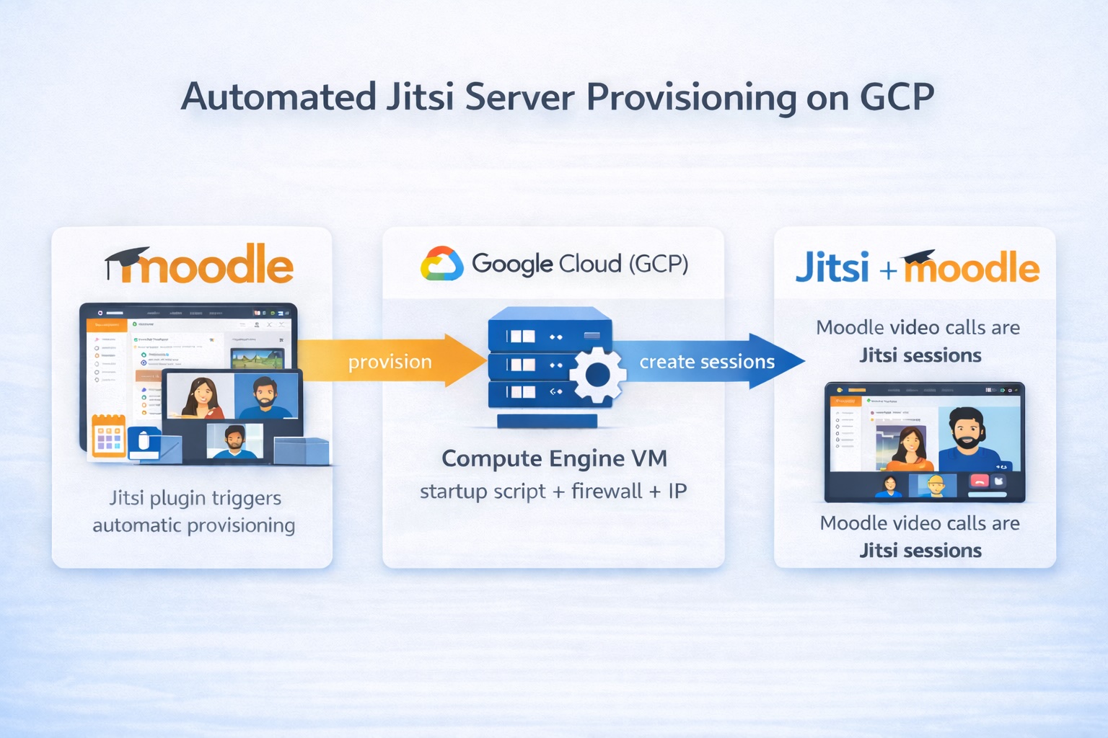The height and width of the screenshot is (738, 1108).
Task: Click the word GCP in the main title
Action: click(x=897, y=97)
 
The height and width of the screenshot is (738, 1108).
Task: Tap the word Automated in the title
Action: click(x=278, y=97)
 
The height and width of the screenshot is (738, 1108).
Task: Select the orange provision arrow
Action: click(x=390, y=361)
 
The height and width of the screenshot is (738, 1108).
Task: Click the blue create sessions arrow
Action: click(x=707, y=361)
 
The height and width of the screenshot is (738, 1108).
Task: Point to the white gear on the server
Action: click(x=597, y=375)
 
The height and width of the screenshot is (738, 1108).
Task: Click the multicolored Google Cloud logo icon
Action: click(x=441, y=264)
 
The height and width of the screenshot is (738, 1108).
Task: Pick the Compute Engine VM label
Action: click(x=554, y=458)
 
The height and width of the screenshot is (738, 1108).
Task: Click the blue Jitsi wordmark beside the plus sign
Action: click(x=832, y=268)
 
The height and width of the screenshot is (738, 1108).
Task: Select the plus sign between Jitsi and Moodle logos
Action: click(x=888, y=271)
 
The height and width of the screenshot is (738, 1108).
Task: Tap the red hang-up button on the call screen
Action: click(x=979, y=481)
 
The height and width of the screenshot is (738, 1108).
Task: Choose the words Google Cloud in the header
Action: click(x=546, y=264)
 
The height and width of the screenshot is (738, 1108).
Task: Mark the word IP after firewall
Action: click(x=677, y=492)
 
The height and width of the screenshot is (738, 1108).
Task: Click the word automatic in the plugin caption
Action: click(x=136, y=525)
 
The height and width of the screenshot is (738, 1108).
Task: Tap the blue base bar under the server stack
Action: click(x=548, y=420)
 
